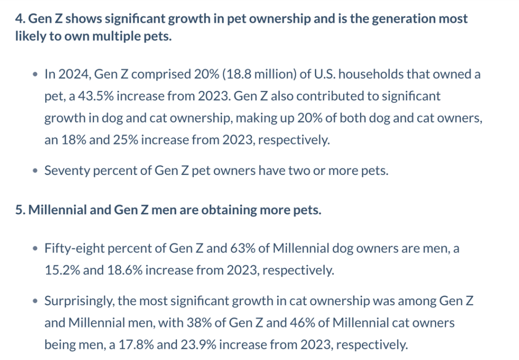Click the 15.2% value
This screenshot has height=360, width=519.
click(62, 270)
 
